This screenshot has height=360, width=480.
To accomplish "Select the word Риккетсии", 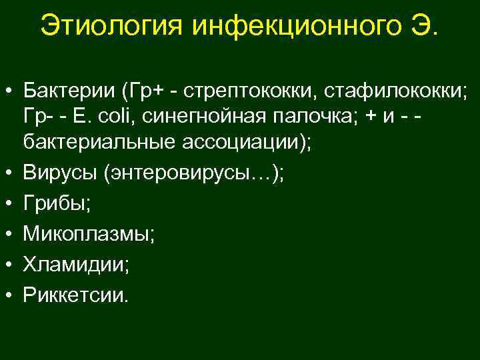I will [73, 293].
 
